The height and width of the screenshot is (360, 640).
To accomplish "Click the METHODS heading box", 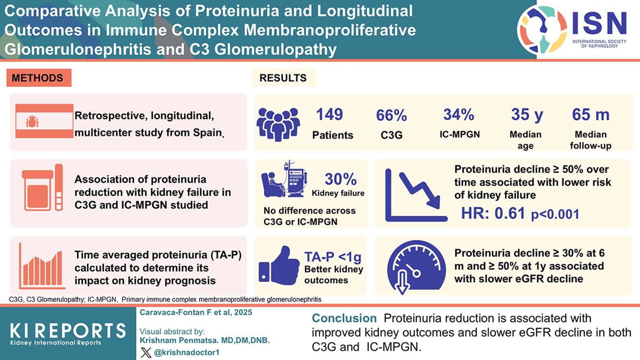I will [39, 78].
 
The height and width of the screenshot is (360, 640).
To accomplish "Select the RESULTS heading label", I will [283, 78].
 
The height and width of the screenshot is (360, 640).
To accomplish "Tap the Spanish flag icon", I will [44, 121].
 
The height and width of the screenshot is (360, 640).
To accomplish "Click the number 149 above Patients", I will [330, 115].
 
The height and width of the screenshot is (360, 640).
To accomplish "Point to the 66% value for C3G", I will [391, 115].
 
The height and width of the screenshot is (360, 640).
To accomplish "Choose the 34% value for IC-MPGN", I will [459, 115].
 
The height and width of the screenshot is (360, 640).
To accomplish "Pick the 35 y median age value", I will [527, 115].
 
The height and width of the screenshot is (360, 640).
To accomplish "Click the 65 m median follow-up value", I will [590, 115].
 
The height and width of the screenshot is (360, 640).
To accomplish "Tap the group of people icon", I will [278, 124].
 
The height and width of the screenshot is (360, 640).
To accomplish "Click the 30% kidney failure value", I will [341, 179].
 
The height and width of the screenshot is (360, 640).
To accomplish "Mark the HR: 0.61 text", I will [493, 213].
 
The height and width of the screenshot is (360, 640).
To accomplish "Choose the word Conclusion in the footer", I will [344, 318].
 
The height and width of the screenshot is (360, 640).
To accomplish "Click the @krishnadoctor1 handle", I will [187, 352].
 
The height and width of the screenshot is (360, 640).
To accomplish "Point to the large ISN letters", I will [599, 23].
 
